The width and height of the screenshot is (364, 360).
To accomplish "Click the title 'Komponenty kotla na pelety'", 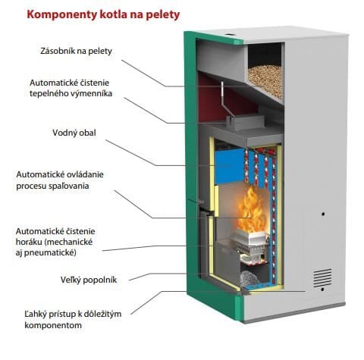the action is tap(103, 15).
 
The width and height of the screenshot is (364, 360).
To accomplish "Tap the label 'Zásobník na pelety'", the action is tap(76, 51).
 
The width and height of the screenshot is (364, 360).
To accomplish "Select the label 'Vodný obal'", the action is tap(74, 133).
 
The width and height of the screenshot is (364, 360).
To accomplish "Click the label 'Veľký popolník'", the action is tap(89, 280).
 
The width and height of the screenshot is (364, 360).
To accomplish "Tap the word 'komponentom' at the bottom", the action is tap(53, 325).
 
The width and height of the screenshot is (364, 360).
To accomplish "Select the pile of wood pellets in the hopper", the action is tap(265, 80).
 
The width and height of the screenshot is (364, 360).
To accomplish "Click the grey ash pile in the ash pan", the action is tap(249, 279).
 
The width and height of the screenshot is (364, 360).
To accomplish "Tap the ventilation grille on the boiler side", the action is tap(322, 278).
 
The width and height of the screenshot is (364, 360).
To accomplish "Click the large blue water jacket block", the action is tap(230, 166).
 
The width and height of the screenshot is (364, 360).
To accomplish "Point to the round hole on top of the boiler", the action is tap(231, 33).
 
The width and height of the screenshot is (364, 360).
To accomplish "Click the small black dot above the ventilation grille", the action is tap(323, 214).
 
